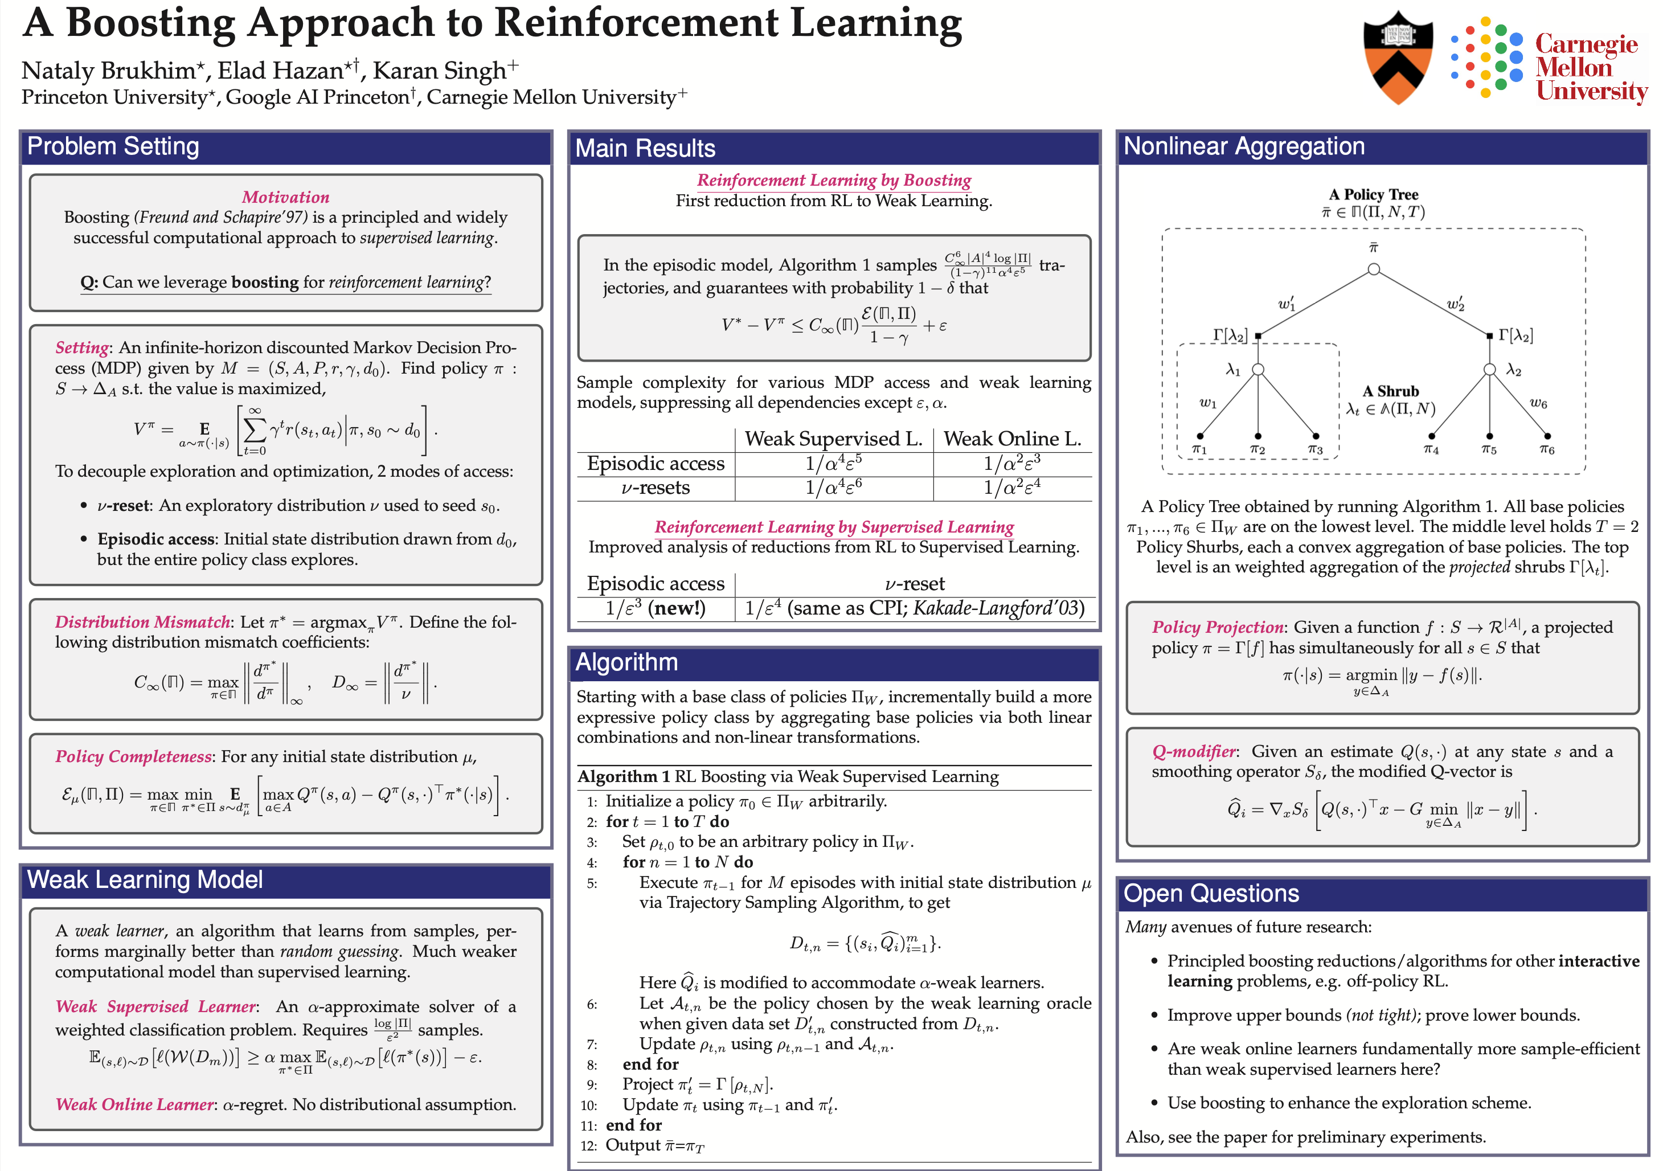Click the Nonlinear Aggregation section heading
1244,146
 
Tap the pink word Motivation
285,197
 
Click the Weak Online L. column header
1012,439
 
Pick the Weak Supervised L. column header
834,439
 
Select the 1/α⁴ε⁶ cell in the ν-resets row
834,488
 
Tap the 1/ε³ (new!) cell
656,608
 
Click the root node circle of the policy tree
1373,269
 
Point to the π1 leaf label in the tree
1199,450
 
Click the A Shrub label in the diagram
1391,391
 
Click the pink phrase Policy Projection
1218,627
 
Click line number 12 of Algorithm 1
588,1145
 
